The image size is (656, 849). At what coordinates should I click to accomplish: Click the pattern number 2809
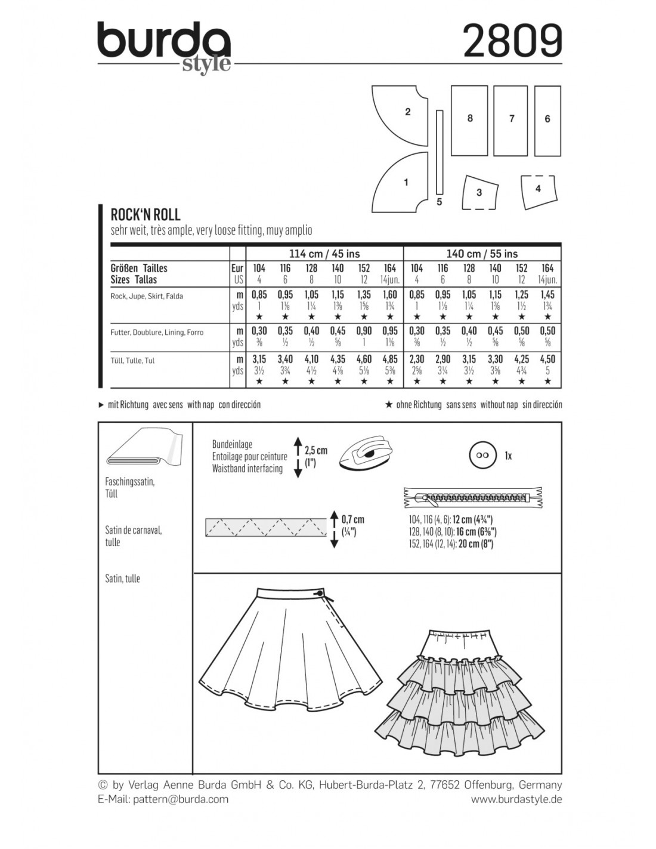pyautogui.click(x=512, y=42)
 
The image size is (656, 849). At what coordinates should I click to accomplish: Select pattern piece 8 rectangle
pyautogui.click(x=469, y=119)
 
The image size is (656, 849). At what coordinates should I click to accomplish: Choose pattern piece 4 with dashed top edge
pyautogui.click(x=538, y=191)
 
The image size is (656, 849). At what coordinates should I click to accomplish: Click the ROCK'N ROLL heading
pyautogui.click(x=146, y=215)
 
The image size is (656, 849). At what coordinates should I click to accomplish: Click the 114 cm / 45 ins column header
pyautogui.click(x=324, y=254)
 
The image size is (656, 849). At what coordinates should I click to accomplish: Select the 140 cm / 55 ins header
pyautogui.click(x=482, y=254)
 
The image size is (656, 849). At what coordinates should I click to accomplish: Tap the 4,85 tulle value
pyautogui.click(x=390, y=360)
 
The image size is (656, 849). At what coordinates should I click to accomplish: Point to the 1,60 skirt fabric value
pyautogui.click(x=390, y=295)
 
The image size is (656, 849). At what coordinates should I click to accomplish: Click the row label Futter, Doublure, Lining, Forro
pyautogui.click(x=157, y=332)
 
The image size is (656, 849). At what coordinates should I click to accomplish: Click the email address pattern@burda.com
pyautogui.click(x=163, y=799)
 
